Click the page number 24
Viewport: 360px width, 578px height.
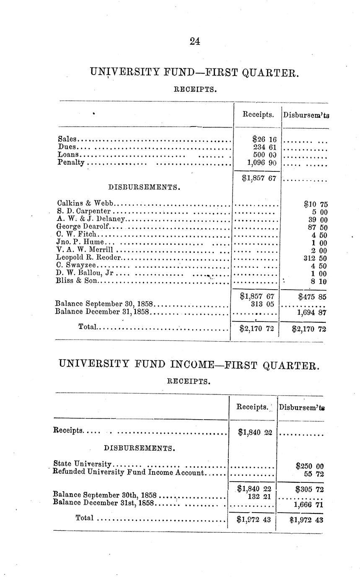(195, 41)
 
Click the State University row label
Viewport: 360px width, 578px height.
(83, 464)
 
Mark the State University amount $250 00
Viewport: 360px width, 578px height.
(309, 466)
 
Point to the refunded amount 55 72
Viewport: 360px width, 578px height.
(315, 474)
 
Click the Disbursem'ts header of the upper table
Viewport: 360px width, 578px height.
(306, 114)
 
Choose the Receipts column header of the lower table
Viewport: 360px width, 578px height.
(252, 407)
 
